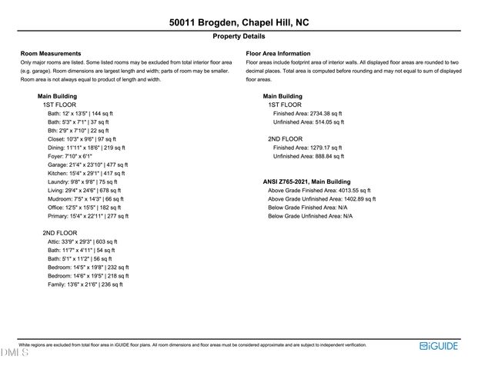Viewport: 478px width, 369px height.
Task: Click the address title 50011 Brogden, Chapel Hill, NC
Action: point(239,23)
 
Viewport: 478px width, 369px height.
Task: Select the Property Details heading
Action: point(239,36)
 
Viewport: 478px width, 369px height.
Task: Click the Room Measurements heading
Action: point(51,53)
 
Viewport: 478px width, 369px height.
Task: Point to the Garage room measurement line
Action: point(88,165)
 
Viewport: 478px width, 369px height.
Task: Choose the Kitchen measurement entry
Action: point(87,173)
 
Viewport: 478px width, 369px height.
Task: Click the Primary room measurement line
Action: point(88,216)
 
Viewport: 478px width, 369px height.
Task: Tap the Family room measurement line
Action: point(85,284)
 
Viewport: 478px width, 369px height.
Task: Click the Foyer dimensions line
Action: point(70,156)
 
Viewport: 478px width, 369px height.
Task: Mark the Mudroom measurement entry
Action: point(85,198)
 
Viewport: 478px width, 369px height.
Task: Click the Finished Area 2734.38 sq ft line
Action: point(309,113)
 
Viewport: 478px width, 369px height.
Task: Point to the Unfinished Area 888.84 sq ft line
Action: point(309,156)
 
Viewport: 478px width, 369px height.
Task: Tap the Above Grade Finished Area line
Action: point(319,190)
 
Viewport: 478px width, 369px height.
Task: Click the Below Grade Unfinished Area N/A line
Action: point(310,216)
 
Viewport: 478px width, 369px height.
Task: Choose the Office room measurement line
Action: point(84,208)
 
